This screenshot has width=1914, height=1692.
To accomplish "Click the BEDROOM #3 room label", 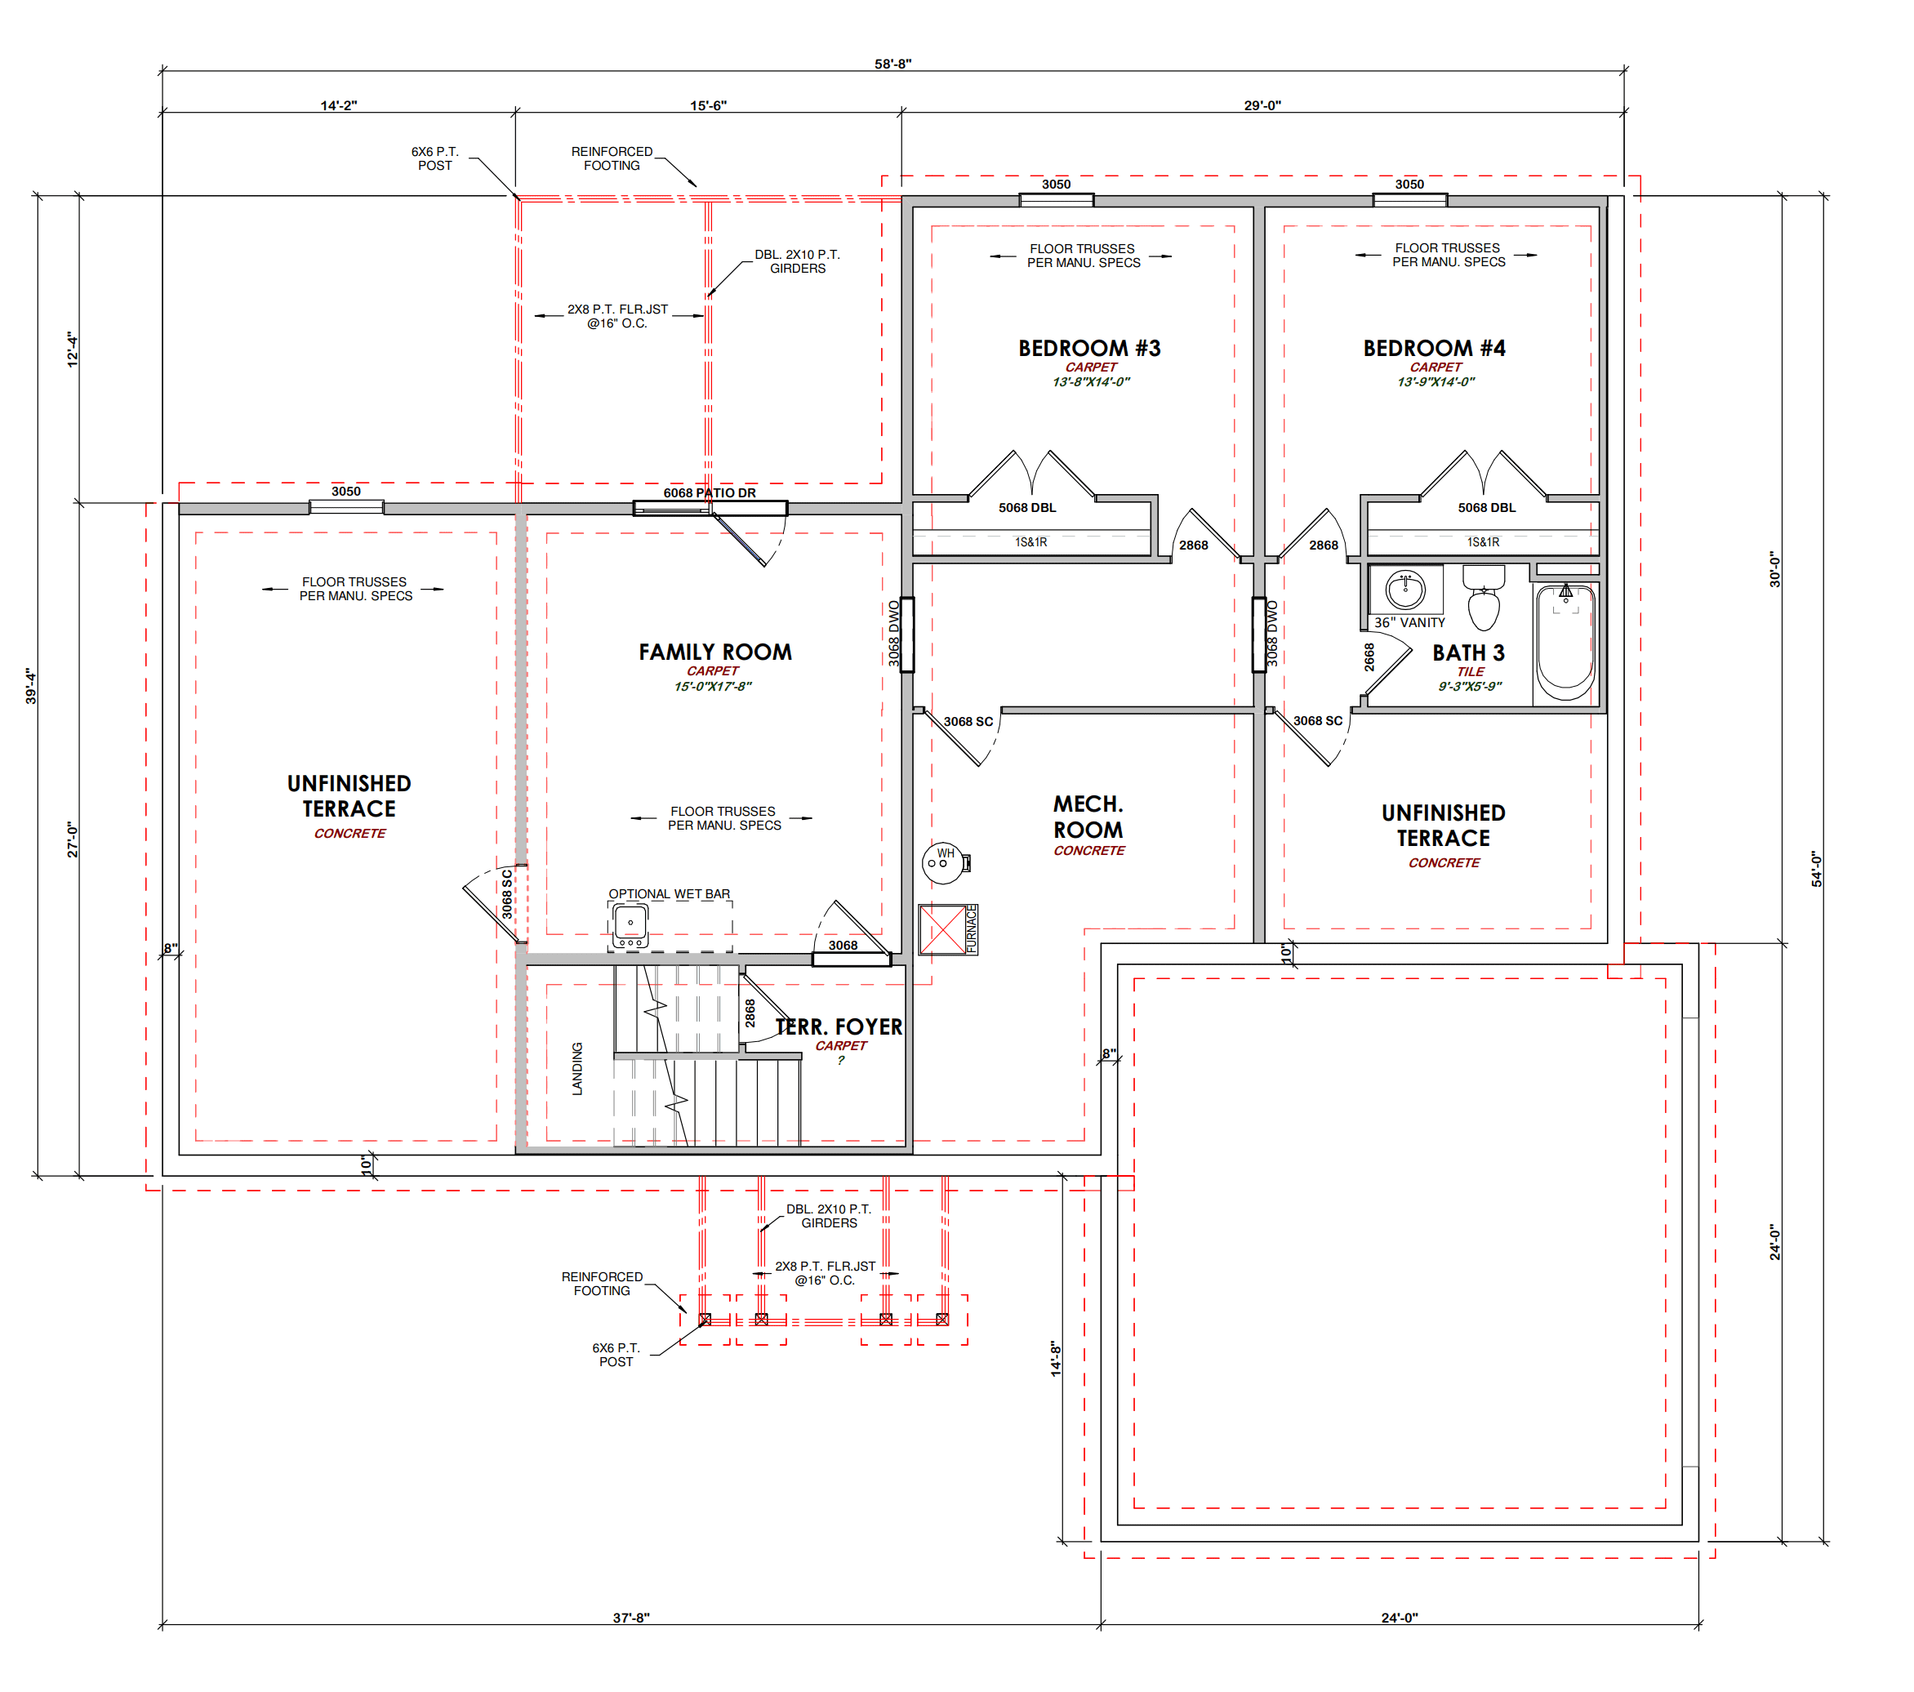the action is [1089, 349].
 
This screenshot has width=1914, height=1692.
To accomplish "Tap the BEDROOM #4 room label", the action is [1434, 349].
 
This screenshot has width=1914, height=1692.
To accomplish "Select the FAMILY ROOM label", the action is [715, 652].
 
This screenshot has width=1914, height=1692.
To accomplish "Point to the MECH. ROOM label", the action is [1088, 817].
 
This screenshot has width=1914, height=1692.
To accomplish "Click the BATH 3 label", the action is [1468, 652].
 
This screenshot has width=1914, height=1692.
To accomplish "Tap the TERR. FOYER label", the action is [839, 1027].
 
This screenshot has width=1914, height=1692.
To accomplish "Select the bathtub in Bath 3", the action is [1565, 643].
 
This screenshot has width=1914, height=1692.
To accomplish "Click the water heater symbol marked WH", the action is [943, 862].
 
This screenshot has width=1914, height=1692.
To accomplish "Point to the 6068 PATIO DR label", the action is [710, 493].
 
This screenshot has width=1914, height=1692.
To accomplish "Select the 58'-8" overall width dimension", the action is [892, 64].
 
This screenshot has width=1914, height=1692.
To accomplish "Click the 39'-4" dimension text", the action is [31, 686].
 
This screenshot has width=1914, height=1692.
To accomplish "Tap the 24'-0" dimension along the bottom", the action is [1399, 1617].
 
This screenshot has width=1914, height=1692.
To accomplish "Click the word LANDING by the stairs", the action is [576, 1068].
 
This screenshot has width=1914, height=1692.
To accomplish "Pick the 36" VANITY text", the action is [1409, 623].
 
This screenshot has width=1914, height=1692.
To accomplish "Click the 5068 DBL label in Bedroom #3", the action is [1027, 507].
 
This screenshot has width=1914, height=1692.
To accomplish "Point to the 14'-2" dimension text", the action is [338, 106].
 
